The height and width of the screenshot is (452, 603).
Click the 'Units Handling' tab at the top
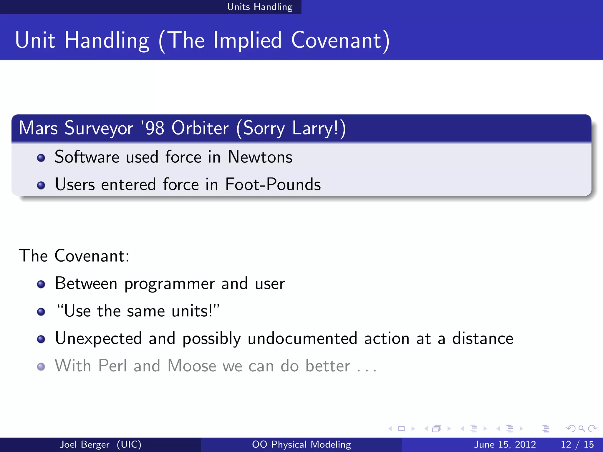tap(260, 7)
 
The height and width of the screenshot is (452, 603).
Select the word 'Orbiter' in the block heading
tap(200, 128)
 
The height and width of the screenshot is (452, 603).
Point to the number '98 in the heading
tap(153, 128)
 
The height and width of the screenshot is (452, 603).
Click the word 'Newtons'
tap(260, 157)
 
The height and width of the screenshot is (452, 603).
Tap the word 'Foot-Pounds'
tap(273, 185)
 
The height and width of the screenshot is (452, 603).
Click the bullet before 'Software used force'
tap(41, 158)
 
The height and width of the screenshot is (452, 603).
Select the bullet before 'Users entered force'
tap(41, 185)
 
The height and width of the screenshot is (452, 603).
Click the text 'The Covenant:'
tap(74, 255)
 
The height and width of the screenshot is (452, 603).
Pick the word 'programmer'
tap(169, 284)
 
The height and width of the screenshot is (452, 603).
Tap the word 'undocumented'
tap(302, 338)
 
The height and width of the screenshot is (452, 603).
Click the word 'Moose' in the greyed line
tap(192, 366)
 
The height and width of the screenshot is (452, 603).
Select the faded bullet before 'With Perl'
tap(41, 367)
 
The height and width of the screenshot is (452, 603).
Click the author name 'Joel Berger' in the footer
tap(85, 444)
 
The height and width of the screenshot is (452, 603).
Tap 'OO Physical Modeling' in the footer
tap(301, 444)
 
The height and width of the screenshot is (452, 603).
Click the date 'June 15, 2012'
tap(505, 444)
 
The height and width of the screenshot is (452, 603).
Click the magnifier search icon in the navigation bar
tap(581, 429)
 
